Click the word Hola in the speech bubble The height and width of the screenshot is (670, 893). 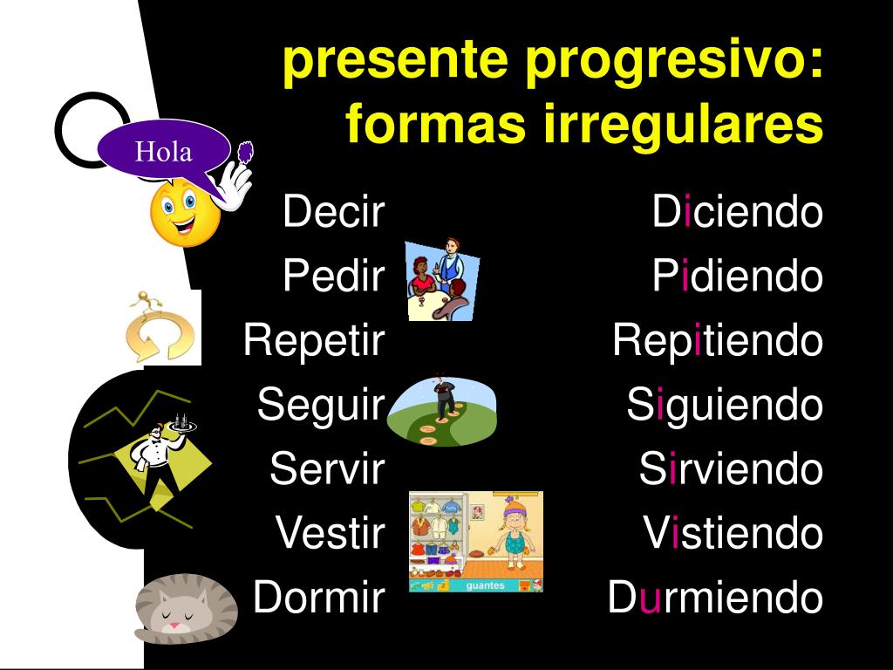coord(163,152)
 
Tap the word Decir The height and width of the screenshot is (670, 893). coord(334,211)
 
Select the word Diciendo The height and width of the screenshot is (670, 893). coord(738,211)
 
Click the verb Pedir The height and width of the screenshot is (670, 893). coord(334,276)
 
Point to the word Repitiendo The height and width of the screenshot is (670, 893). coord(718,341)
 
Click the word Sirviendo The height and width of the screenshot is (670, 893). coord(731,469)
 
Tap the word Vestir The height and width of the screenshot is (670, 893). coord(331,533)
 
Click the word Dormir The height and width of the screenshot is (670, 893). coord(319,597)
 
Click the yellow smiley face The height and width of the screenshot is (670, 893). coord(185,212)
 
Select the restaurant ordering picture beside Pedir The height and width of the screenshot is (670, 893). coord(443,280)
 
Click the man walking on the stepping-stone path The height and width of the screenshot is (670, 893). coord(444,395)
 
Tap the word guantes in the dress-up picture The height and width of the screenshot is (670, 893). coord(485,585)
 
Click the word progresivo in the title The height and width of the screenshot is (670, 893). coord(667,60)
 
